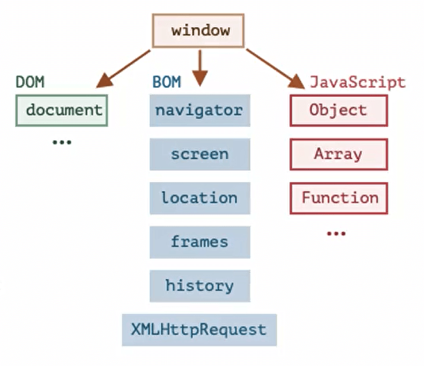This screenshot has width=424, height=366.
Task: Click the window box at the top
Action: pyautogui.click(x=198, y=30)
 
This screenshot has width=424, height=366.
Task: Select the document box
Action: pyautogui.click(x=61, y=110)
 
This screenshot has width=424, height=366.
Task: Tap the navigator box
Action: pyautogui.click(x=200, y=110)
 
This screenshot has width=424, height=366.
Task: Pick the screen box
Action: pyautogui.click(x=200, y=154)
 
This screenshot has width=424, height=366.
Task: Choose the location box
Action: pyautogui.click(x=200, y=198)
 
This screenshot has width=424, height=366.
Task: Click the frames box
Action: pyautogui.click(x=200, y=242)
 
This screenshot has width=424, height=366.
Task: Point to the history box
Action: pyautogui.click(x=200, y=286)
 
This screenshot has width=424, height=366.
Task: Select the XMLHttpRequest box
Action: pyautogui.click(x=200, y=330)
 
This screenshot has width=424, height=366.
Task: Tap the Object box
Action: pyautogui.click(x=338, y=110)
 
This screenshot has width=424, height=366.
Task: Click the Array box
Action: pyautogui.click(x=338, y=154)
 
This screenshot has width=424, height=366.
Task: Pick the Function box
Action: pyautogui.click(x=338, y=198)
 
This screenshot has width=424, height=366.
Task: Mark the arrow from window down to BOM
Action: pyautogui.click(x=200, y=67)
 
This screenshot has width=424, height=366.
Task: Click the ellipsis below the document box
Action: pyautogui.click(x=61, y=142)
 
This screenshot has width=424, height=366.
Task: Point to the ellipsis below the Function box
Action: pyautogui.click(x=336, y=234)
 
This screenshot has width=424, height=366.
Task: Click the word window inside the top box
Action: pyautogui.click(x=200, y=30)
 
